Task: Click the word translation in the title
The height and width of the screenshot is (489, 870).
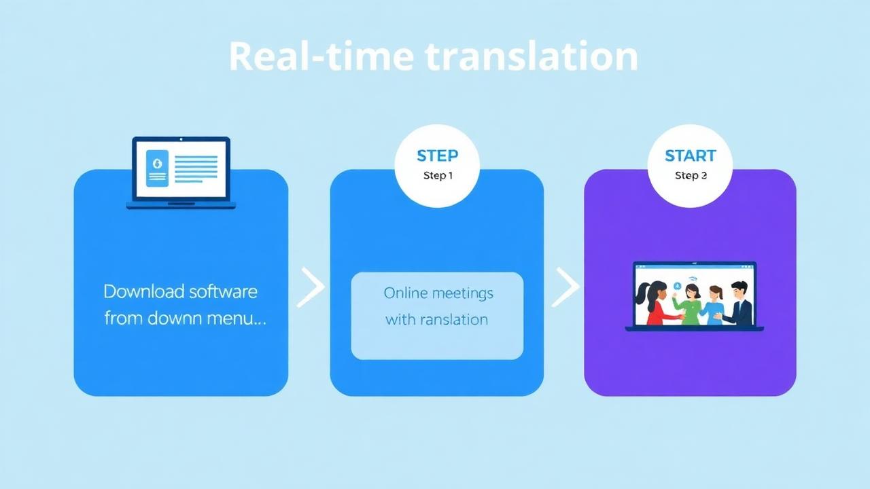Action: [x=532, y=56]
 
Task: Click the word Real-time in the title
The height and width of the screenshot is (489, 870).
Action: [x=320, y=56]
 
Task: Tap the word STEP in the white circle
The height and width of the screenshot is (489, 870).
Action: [x=437, y=156]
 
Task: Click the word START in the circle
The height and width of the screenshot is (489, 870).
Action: [x=690, y=156]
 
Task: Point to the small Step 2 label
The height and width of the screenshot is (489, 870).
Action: [x=691, y=176]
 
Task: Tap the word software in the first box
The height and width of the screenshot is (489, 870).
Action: [x=223, y=292]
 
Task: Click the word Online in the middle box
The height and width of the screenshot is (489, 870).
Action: [x=405, y=293]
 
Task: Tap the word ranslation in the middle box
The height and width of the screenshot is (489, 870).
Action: [x=453, y=319]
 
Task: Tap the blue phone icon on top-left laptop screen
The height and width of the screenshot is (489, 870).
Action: [x=157, y=168]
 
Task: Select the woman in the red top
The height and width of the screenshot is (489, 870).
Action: [x=654, y=304]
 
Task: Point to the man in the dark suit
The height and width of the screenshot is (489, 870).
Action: [x=739, y=304]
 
